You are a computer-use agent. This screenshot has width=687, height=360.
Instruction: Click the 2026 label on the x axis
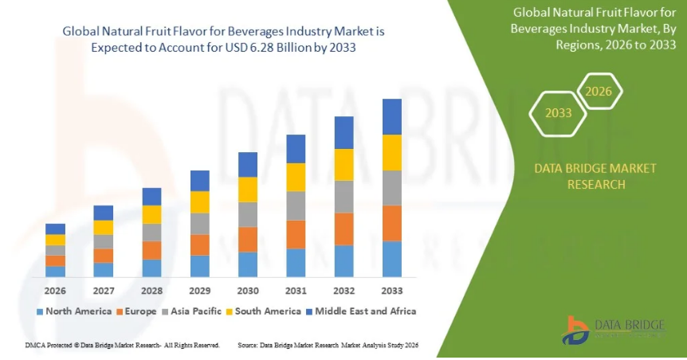click(x=55, y=291)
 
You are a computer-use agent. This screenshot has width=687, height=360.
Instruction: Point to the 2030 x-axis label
click(x=248, y=291)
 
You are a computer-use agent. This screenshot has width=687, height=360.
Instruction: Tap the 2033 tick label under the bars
click(x=392, y=291)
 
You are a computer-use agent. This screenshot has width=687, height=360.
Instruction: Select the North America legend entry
click(x=73, y=311)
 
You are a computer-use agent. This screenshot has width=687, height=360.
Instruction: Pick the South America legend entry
click(x=263, y=311)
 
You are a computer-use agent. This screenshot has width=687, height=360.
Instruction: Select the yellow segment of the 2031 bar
click(x=296, y=177)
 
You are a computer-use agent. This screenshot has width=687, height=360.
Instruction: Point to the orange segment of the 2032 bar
click(x=344, y=229)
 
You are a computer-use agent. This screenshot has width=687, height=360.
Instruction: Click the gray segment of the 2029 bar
click(x=200, y=224)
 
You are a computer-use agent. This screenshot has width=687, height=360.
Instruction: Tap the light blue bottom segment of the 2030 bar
click(x=248, y=264)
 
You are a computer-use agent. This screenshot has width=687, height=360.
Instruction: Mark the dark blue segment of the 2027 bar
click(x=104, y=213)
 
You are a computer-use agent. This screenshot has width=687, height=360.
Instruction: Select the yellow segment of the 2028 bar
click(x=151, y=214)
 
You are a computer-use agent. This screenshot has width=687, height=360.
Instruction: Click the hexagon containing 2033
click(x=559, y=113)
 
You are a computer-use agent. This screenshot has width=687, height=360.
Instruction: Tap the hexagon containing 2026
click(x=599, y=92)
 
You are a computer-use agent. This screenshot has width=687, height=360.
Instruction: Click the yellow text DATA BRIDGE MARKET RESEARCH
click(x=596, y=176)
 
